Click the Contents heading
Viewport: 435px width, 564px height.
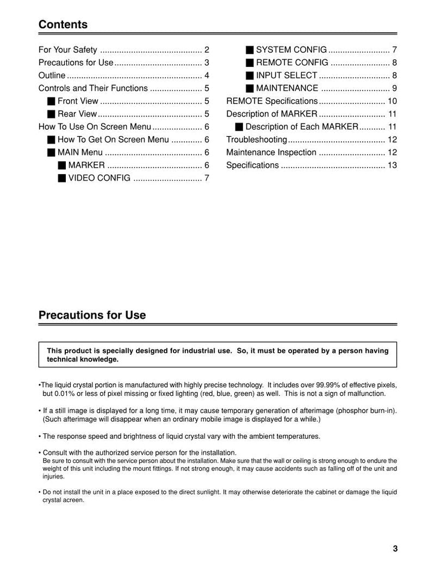(63, 24)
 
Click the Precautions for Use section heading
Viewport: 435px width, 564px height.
(92, 315)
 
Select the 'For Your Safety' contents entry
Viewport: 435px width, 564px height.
(68, 50)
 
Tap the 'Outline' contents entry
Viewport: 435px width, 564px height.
(52, 76)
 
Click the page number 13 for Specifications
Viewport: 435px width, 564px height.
(392, 165)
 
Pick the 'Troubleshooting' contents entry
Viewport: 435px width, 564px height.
(256, 140)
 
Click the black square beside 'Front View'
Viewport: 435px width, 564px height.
(51, 101)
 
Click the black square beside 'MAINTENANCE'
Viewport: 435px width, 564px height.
(250, 88)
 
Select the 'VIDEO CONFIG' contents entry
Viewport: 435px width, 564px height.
(99, 178)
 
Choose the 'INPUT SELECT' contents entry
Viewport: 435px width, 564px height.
(287, 76)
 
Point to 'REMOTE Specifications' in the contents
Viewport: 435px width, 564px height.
(271, 101)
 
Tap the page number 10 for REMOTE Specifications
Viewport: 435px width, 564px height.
(392, 101)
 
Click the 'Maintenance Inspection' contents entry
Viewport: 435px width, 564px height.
(271, 152)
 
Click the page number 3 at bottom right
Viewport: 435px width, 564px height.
(395, 548)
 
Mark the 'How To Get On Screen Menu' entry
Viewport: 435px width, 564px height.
(113, 140)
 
